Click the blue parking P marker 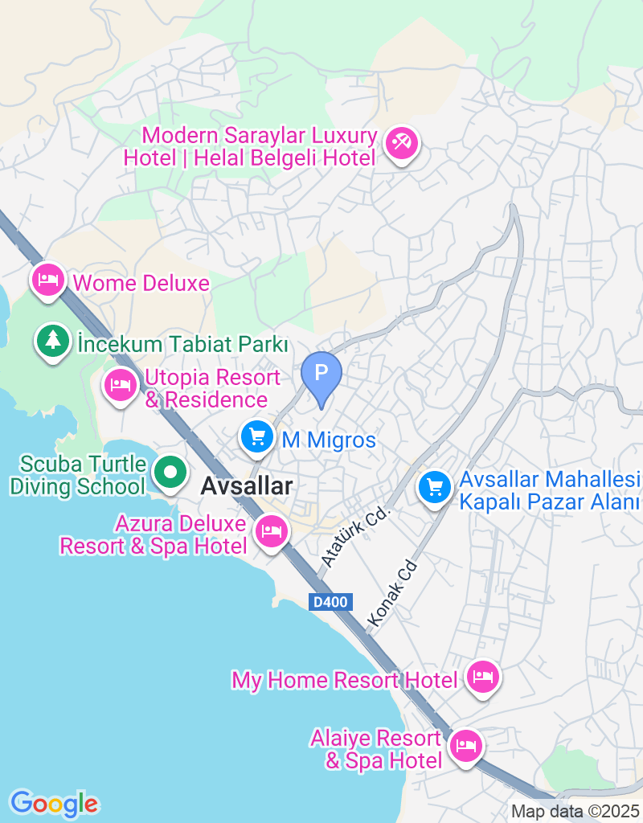321,374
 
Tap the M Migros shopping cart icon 257,437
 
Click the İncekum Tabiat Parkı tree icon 53,341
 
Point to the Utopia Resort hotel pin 121,384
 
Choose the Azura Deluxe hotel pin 272,531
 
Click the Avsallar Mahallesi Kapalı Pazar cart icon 435,486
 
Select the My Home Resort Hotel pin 483,678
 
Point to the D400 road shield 330,601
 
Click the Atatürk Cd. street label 356,534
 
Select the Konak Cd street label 394,593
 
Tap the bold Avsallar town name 246,485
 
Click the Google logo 54,803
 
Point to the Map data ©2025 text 575,812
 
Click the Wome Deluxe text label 141,283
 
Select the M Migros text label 328,440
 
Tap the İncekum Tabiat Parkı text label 182,344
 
